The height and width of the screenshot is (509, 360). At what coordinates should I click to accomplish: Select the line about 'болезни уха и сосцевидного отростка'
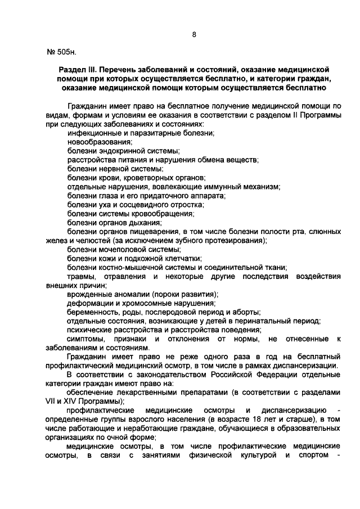[135, 205]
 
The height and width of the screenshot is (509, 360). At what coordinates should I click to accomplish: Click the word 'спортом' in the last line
[312, 454]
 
